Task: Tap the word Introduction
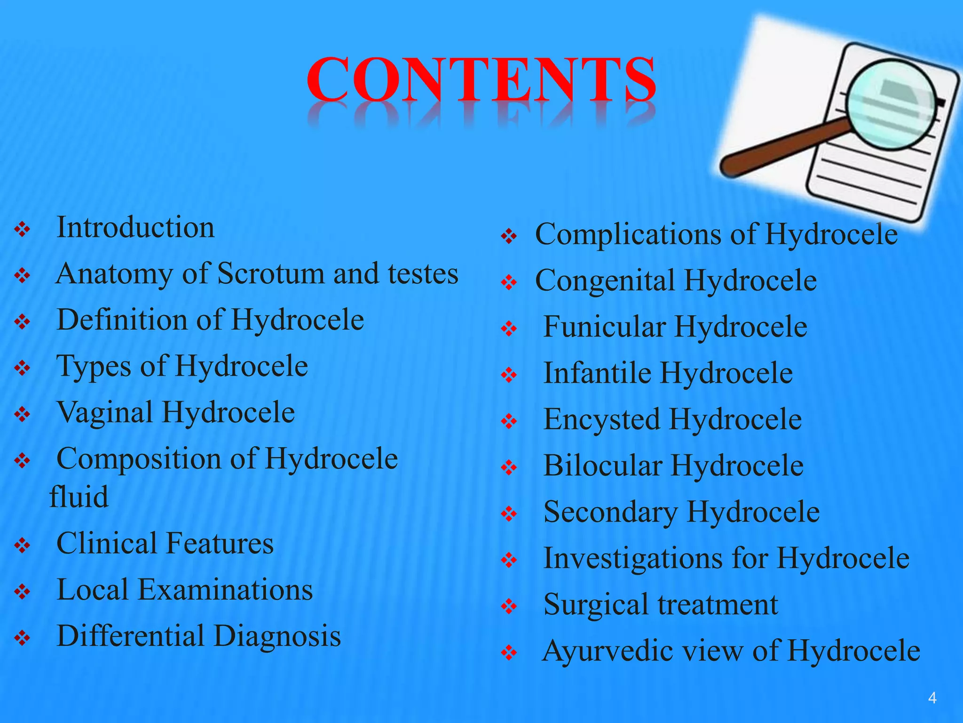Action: tap(135, 227)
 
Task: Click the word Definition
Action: tap(122, 320)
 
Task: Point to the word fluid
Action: tap(79, 497)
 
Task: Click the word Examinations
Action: tap(225, 590)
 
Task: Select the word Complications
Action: tap(625, 234)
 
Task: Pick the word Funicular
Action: tap(605, 327)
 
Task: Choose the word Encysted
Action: tap(601, 419)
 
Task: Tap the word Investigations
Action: tap(633, 559)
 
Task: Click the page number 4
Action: tap(932, 698)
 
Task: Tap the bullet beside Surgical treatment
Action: tap(509, 606)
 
